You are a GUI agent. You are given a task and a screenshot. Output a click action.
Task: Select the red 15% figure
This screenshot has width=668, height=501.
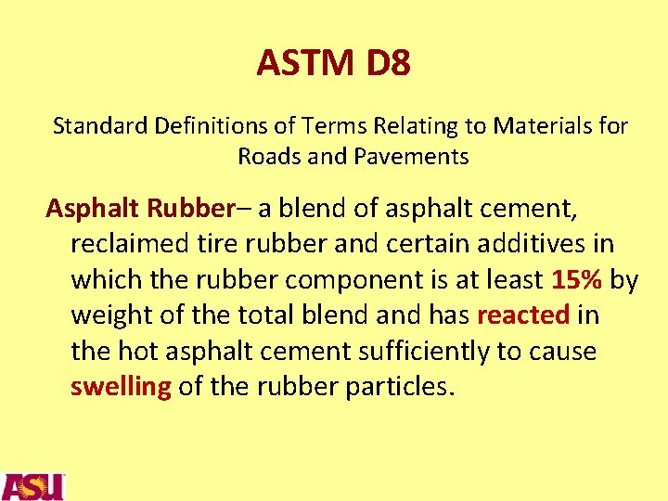(x=578, y=279)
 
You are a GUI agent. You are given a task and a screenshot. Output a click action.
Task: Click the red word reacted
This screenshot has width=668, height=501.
(x=522, y=315)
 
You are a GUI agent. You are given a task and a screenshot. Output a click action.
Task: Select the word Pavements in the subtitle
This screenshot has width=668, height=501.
(x=411, y=157)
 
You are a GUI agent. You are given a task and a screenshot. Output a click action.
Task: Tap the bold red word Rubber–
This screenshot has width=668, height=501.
(x=197, y=208)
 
